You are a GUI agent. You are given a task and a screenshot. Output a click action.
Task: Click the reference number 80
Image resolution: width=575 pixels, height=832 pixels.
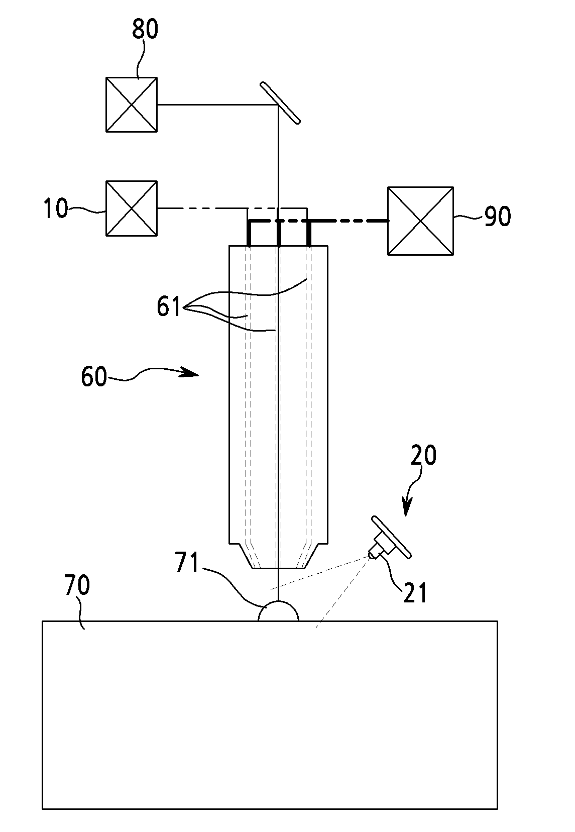[x=145, y=29]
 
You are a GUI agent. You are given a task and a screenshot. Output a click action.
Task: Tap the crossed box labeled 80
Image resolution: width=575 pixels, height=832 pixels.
[x=132, y=105]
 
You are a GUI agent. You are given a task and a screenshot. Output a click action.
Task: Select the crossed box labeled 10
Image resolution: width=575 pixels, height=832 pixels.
[x=132, y=209]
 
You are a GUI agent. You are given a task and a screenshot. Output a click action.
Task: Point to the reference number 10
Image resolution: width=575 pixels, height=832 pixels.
[x=56, y=208]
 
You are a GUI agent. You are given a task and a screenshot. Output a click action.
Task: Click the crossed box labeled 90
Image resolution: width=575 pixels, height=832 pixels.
[x=420, y=221]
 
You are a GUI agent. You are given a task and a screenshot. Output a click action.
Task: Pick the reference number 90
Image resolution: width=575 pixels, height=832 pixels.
[x=498, y=216]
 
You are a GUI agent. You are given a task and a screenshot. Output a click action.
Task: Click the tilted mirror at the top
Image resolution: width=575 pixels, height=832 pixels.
[x=280, y=102]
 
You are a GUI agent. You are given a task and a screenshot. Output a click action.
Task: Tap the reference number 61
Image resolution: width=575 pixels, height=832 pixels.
[x=169, y=306]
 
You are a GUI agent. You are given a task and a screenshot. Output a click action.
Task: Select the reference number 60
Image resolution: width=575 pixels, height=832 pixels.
[x=94, y=376]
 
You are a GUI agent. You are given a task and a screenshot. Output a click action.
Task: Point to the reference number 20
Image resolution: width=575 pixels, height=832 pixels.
[x=423, y=455]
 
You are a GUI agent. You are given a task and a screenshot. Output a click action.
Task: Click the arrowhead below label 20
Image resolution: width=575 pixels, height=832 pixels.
[x=406, y=508]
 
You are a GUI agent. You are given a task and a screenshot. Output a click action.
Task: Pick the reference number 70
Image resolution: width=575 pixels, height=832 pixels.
[x=77, y=585]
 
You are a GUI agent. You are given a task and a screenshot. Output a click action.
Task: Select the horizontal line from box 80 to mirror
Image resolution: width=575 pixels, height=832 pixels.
[x=218, y=105]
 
